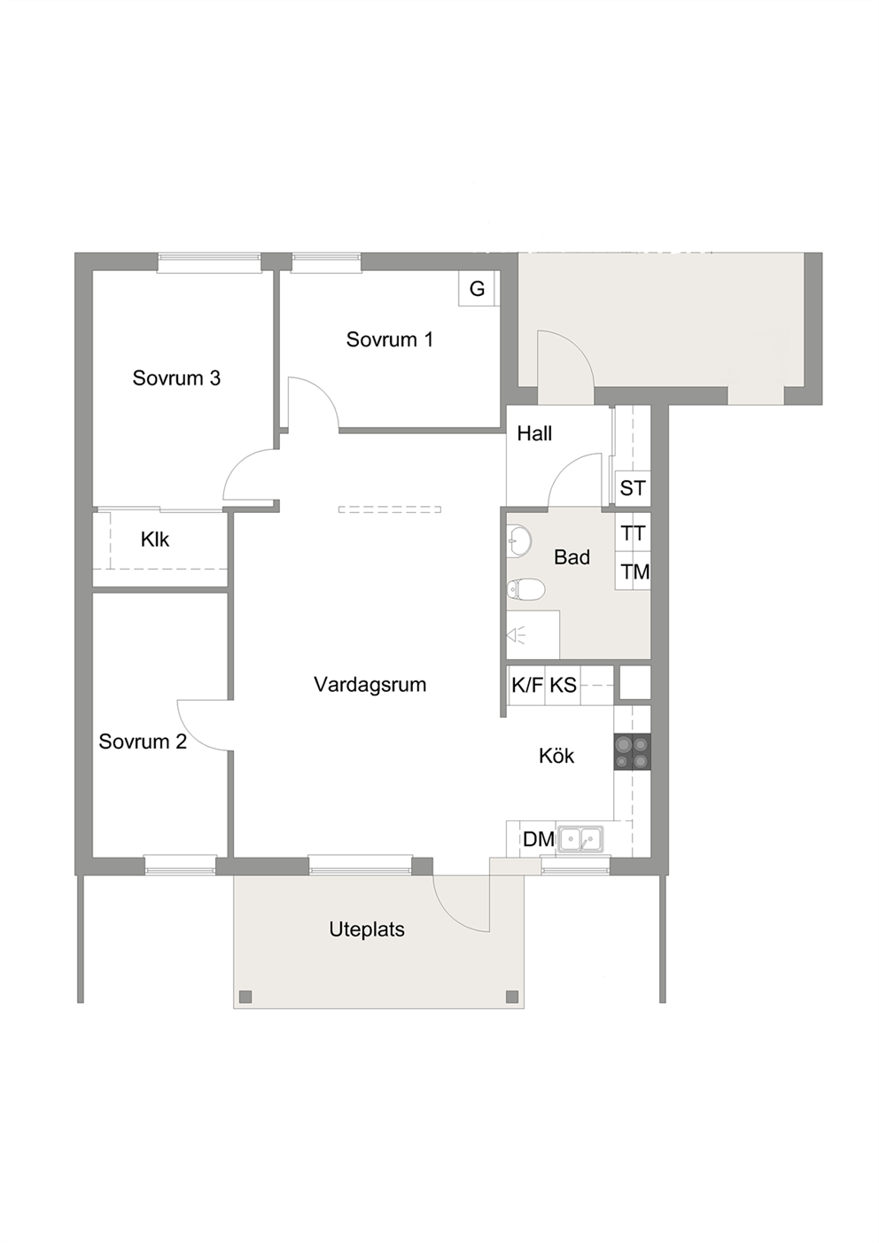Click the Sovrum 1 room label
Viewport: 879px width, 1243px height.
tap(390, 339)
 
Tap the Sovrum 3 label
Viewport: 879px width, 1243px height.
tap(176, 378)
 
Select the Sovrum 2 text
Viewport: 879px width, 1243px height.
tap(143, 742)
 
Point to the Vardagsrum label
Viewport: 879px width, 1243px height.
tap(370, 685)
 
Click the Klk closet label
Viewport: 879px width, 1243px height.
tap(155, 540)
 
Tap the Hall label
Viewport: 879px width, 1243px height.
tap(534, 433)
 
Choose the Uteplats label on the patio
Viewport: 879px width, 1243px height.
tap(367, 929)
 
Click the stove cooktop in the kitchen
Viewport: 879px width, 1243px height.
tap(632, 752)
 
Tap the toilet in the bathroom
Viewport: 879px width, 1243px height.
tap(525, 589)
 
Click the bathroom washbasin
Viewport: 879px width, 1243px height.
tap(519, 539)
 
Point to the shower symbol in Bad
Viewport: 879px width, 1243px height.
tap(517, 634)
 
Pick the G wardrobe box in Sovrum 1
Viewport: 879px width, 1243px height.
tap(477, 288)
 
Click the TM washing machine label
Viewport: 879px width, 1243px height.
tap(634, 571)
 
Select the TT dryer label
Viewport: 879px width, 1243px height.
tap(633, 534)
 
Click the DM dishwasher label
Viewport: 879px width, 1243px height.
tap(538, 840)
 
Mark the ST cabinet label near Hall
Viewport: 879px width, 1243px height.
tap(633, 488)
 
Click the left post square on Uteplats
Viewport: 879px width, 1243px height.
tap(245, 996)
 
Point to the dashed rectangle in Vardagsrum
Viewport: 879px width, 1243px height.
tap(390, 509)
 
